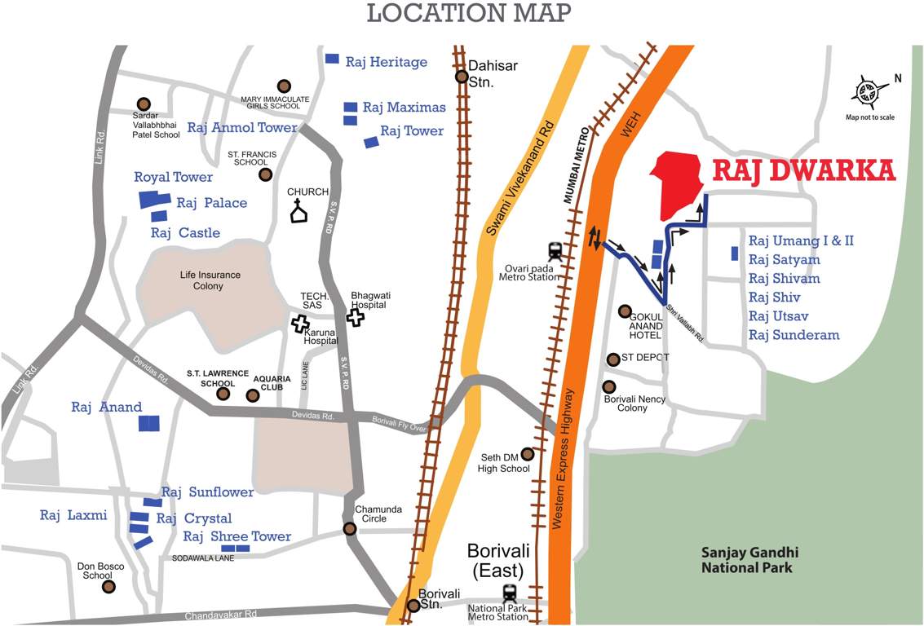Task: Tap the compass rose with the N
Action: pos(869,91)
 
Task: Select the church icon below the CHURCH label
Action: pos(299,212)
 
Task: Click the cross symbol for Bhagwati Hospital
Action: pos(356,317)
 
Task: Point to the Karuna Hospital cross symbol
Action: pos(300,324)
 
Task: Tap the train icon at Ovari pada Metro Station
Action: pos(555,249)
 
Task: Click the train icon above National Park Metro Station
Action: pos(511,592)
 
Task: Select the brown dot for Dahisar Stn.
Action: pos(462,77)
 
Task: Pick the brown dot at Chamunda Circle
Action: pos(350,528)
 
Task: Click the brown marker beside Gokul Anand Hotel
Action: pos(625,311)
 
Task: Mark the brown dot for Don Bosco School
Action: pos(108,586)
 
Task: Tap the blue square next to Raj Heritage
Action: pos(332,59)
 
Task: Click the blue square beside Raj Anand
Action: pos(149,422)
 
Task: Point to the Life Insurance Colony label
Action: pos(210,280)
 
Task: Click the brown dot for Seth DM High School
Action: pos(527,454)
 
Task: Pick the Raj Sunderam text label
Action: pos(794,335)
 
